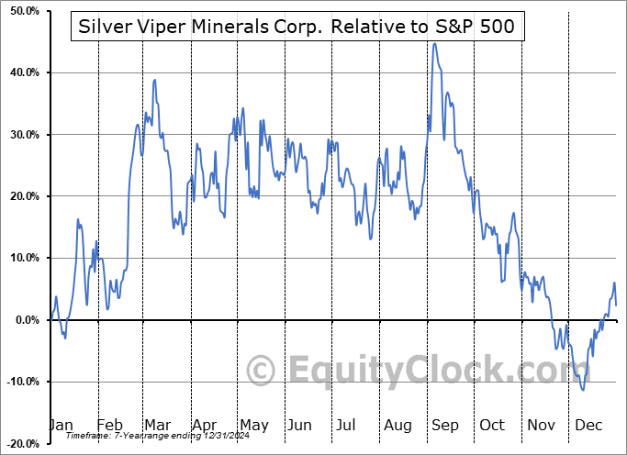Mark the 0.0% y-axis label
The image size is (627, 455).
coord(24,320)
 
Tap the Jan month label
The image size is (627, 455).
coord(61,426)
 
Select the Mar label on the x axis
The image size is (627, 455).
coord(156,426)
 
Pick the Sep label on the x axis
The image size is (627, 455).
coord(445,426)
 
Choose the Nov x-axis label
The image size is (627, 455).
coord(541,426)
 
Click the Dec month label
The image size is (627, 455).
coord(588,426)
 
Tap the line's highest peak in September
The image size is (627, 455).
coord(434,43)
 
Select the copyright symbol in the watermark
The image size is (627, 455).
coord(263,371)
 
